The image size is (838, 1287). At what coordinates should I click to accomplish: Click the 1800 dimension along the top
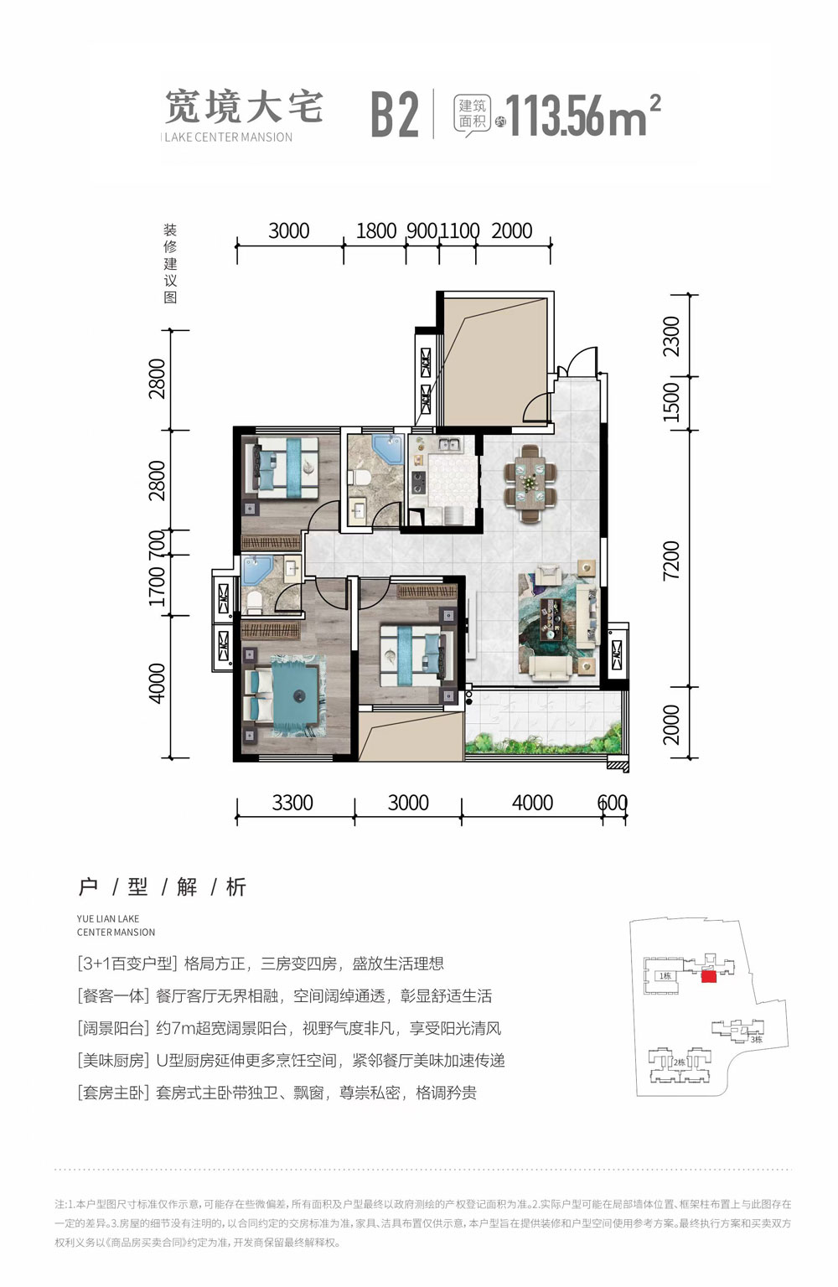(x=375, y=230)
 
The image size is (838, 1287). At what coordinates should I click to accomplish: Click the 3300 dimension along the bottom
(x=292, y=803)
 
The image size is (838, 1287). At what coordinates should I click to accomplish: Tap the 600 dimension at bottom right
(x=613, y=803)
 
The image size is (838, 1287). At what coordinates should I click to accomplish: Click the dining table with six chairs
(x=530, y=484)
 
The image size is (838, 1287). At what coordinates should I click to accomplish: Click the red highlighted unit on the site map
(x=708, y=976)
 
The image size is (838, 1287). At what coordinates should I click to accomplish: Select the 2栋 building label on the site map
(x=679, y=1062)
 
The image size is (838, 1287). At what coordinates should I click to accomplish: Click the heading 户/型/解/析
(x=162, y=886)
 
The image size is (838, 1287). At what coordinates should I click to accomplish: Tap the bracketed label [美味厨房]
(x=113, y=1061)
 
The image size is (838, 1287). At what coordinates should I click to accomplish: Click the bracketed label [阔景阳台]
(x=113, y=1028)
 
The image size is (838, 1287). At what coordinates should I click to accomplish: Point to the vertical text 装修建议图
(x=170, y=263)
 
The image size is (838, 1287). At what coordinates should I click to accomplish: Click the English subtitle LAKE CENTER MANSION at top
(x=228, y=137)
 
